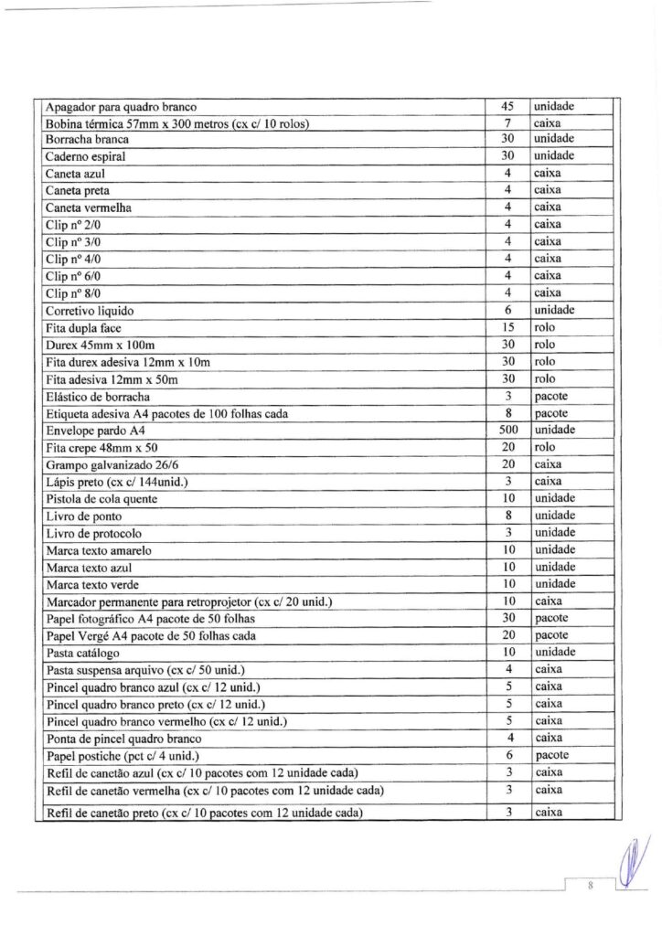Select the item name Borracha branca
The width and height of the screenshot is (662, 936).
(x=87, y=140)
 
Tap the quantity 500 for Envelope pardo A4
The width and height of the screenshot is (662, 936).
(x=510, y=430)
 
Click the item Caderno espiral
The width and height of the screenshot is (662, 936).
(x=85, y=157)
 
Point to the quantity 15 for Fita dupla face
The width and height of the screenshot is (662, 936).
(x=510, y=327)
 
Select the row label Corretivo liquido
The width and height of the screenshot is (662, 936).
(x=90, y=311)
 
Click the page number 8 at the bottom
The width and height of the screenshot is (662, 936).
(x=592, y=885)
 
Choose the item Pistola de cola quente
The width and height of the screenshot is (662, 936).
(x=101, y=499)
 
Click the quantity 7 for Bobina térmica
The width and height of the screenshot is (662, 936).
(x=510, y=122)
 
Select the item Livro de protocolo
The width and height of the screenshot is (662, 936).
(x=93, y=533)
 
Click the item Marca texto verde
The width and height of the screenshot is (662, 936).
(x=91, y=584)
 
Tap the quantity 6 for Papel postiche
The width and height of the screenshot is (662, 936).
(x=510, y=756)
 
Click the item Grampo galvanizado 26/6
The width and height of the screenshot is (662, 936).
(x=106, y=464)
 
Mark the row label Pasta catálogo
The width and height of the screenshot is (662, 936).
(x=83, y=653)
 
